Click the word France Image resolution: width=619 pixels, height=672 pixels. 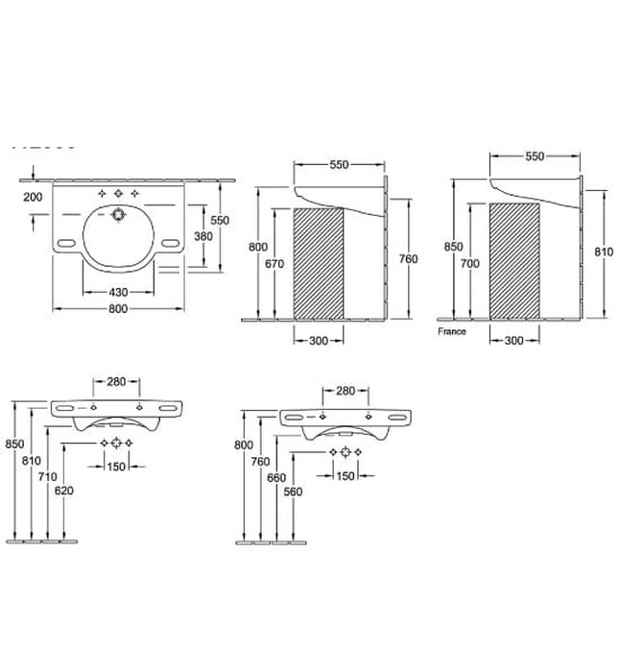[451, 331]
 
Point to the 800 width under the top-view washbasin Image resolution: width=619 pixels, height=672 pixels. [117, 309]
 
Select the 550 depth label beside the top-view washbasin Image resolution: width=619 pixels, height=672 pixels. [220, 220]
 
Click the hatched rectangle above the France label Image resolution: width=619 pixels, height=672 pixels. [513, 260]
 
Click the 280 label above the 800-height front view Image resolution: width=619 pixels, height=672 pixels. [345, 391]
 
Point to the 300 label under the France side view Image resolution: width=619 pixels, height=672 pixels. [513, 340]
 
